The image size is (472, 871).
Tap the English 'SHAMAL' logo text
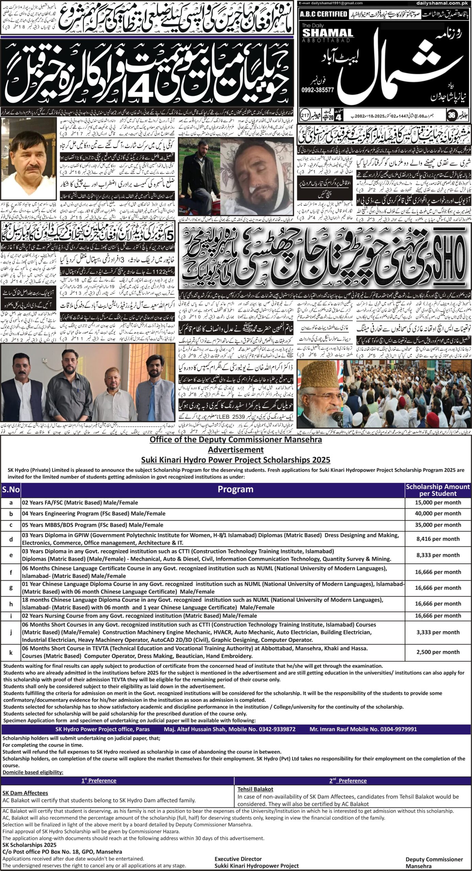point(328,33)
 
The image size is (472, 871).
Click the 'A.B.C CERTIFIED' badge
point(323,14)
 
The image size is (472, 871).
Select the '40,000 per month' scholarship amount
point(438,513)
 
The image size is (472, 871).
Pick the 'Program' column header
point(235,490)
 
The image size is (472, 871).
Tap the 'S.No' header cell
point(11,490)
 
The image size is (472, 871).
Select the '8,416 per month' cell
point(438,539)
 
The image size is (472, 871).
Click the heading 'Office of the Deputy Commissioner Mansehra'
point(236,440)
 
